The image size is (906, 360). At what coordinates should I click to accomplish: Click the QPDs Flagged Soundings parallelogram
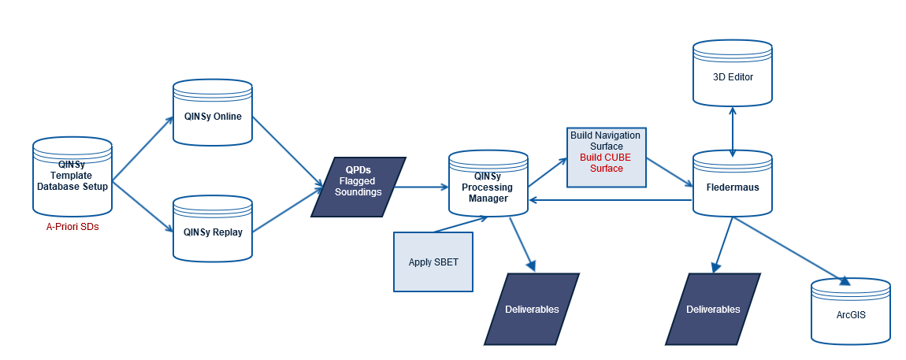click(358, 187)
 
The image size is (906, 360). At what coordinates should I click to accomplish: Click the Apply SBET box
click(433, 262)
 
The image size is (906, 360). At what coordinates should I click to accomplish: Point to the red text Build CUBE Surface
click(606, 163)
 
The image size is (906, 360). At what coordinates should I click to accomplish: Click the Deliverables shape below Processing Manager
click(532, 309)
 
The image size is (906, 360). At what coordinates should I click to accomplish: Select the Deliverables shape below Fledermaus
click(713, 309)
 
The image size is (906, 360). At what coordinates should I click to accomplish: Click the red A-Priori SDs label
click(72, 226)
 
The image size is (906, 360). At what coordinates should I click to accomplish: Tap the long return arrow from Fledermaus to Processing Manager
click(611, 200)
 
